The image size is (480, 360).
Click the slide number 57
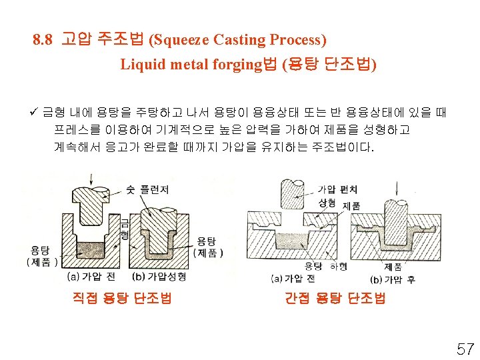[464, 348]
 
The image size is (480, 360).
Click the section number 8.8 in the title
[43, 40]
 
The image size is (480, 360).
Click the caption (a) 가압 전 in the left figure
[91, 276]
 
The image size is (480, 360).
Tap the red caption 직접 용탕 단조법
[121, 299]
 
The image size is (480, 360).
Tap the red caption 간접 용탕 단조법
[335, 299]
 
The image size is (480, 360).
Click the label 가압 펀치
[338, 190]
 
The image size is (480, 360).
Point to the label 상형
[327, 202]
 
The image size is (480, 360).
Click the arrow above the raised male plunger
[91, 181]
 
